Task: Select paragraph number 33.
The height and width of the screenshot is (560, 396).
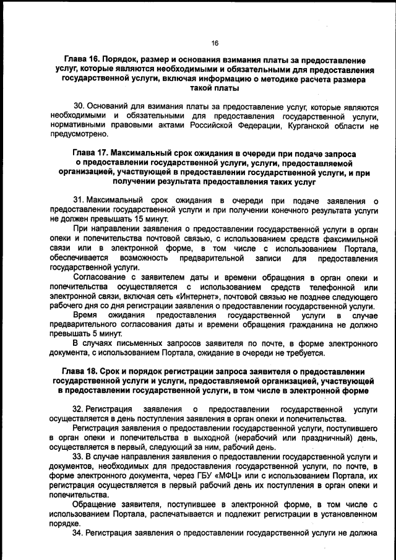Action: coord(79,457)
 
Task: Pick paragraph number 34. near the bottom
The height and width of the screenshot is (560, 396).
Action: coord(79,532)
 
